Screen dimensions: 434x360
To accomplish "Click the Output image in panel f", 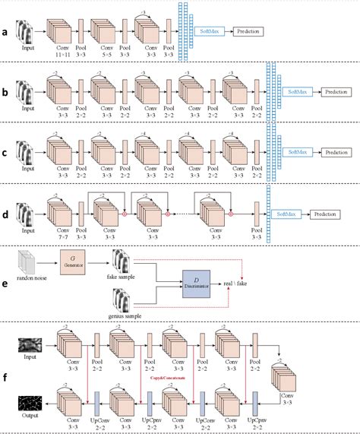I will click(30, 404).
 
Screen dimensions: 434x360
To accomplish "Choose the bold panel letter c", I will click(7, 152).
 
